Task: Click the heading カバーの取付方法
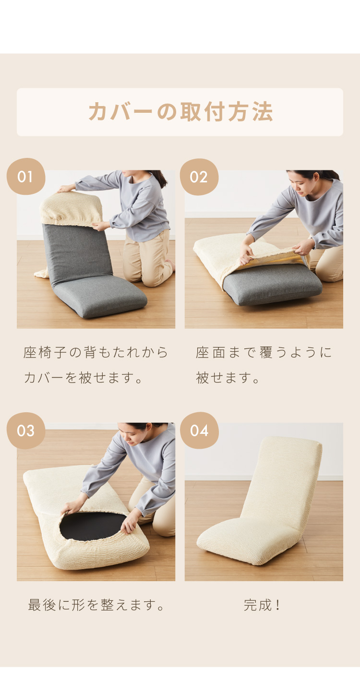180,111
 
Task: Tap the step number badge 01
26,176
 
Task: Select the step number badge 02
199,177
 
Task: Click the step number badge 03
26,430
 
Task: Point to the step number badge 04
199,430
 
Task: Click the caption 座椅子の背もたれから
96,352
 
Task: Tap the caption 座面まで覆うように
264,352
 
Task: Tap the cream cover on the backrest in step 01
71,209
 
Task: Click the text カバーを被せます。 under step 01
83,378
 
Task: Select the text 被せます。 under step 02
227,378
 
